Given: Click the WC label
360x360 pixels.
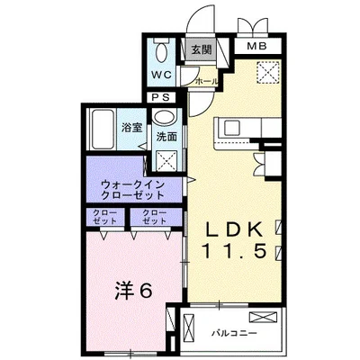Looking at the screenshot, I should click(162, 74).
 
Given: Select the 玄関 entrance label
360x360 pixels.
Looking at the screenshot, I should click(200, 51).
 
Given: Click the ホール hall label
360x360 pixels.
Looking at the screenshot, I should click(207, 80).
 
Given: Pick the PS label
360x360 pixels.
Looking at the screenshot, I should click(162, 96).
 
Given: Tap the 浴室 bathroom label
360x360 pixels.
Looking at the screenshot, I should click(131, 127).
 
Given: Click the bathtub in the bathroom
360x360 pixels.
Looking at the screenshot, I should click(103, 127).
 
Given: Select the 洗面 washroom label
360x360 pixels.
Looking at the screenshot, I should click(166, 138).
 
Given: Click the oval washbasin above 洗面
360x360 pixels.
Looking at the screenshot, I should click(165, 118).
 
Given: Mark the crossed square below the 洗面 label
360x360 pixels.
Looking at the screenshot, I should click(167, 160).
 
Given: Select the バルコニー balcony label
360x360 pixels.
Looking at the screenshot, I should click(236, 332).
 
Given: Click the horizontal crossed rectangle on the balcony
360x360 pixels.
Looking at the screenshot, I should click(267, 318).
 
